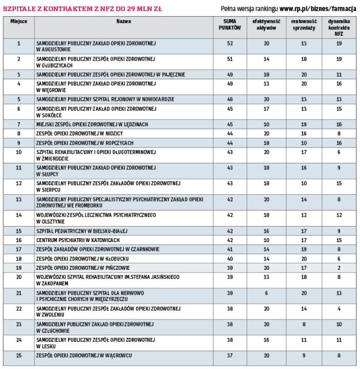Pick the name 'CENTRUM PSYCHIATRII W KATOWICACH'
coord(78,239)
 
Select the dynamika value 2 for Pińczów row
coord(327,268)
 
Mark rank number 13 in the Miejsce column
coord(18,199)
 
